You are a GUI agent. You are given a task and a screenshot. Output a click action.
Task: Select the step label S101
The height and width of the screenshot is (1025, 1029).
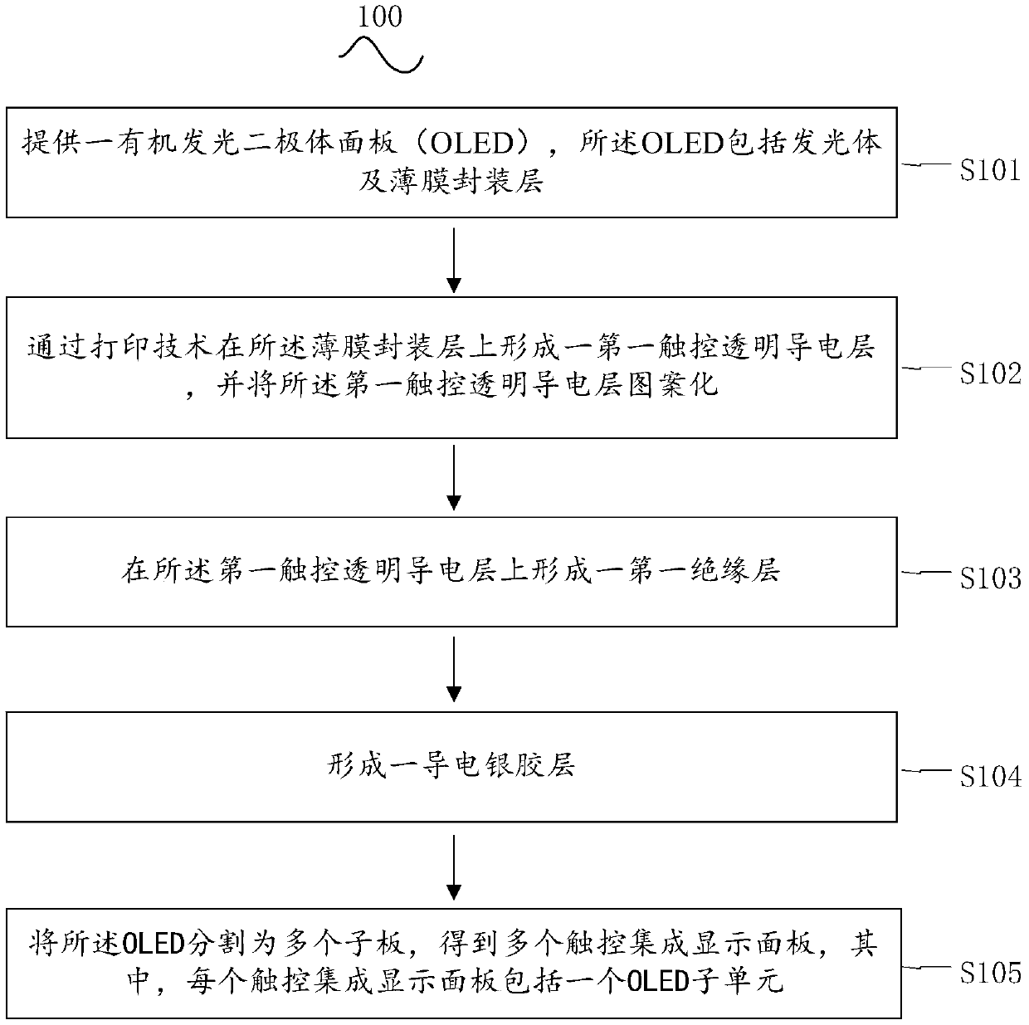[x=989, y=170]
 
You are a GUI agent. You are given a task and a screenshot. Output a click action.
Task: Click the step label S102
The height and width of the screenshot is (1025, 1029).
[x=989, y=373]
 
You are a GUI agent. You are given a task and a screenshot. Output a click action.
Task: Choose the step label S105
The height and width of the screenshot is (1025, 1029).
[x=989, y=972]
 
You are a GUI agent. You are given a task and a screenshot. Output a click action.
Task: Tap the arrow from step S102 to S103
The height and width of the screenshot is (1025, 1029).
[x=453, y=477]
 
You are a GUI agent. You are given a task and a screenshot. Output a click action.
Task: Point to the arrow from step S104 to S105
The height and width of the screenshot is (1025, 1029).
[x=453, y=866]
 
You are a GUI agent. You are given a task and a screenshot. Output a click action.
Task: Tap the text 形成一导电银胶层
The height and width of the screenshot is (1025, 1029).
[x=451, y=765]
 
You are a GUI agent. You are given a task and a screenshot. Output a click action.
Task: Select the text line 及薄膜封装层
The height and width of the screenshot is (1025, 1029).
[x=451, y=180]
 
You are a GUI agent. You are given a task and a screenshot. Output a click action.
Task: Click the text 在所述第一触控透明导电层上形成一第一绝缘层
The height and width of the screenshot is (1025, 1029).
[x=451, y=571]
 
